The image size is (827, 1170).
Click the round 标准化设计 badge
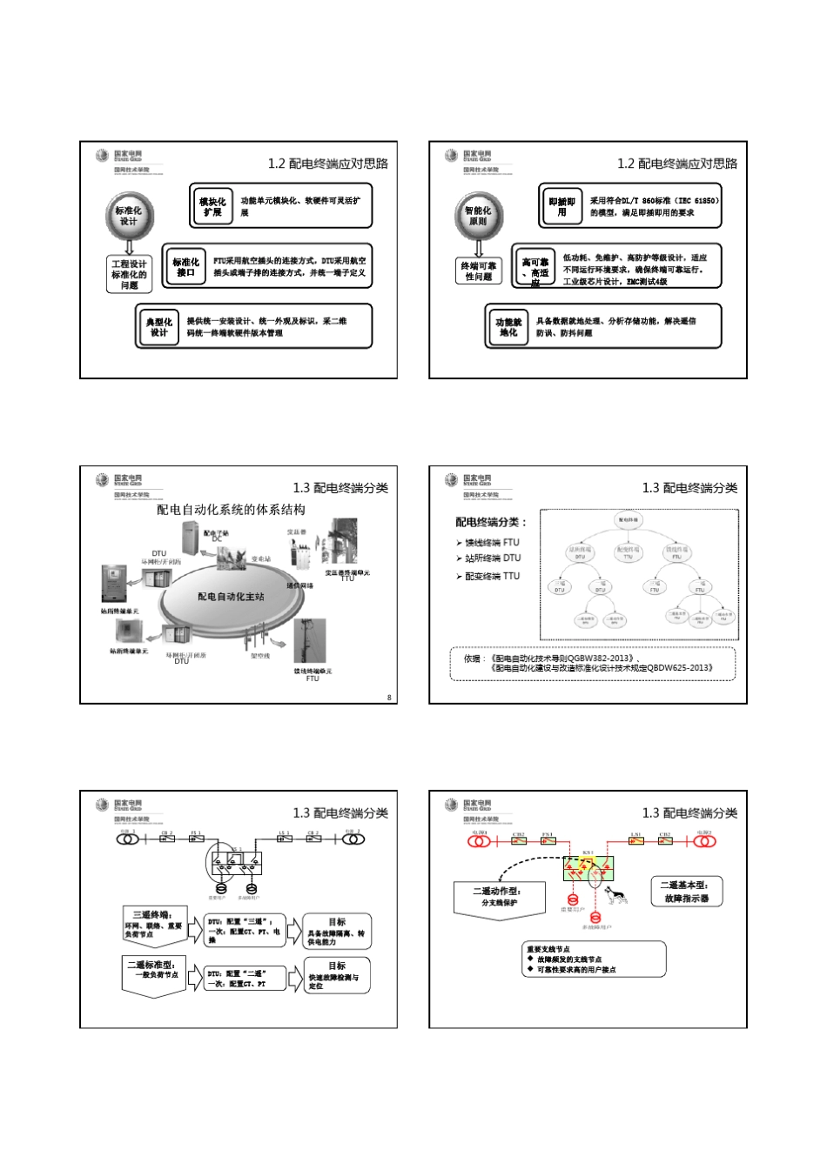click(x=129, y=216)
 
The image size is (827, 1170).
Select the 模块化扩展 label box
click(x=212, y=206)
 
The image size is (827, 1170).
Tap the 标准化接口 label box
click(x=185, y=267)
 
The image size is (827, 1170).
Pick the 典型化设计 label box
click(x=158, y=327)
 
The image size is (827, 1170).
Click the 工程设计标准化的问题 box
click(x=129, y=274)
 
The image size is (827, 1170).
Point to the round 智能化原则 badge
click(x=478, y=216)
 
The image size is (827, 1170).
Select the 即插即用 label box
click(x=561, y=206)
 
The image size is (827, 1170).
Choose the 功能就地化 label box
click(x=508, y=327)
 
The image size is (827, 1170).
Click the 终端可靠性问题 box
click(x=478, y=271)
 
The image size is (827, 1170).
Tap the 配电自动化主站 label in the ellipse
click(x=231, y=597)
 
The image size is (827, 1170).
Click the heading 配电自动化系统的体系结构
click(x=231, y=510)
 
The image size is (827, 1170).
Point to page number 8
click(x=389, y=697)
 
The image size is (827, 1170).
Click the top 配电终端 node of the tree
click(x=628, y=520)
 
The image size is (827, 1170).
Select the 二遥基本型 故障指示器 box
click(x=687, y=892)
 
